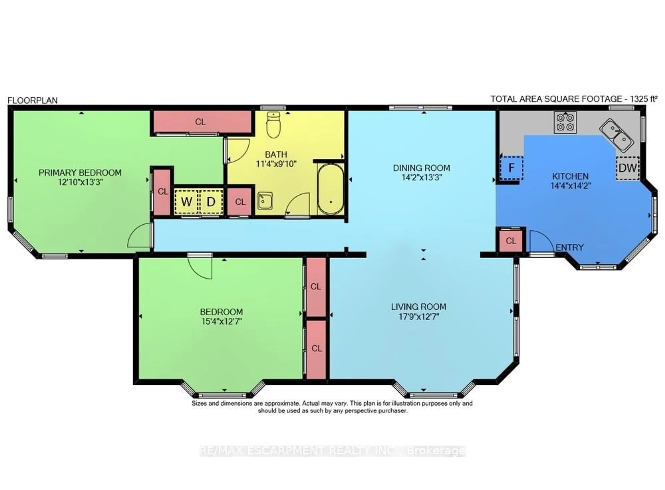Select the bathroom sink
click(x=265, y=201)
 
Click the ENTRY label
click(x=569, y=247)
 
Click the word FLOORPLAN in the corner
click(x=33, y=100)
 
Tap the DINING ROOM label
click(x=421, y=168)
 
